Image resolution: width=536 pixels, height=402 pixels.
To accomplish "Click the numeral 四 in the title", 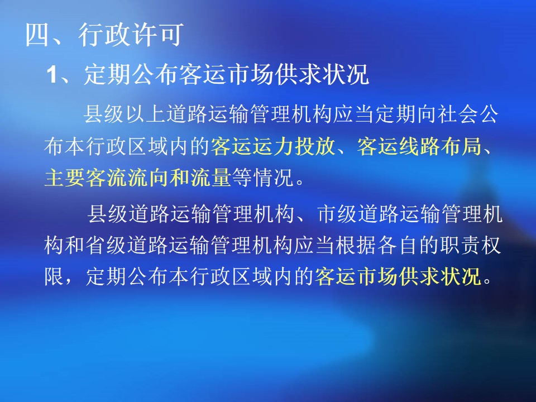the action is (37, 35).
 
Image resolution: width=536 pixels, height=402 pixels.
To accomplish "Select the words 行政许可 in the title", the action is (131, 35).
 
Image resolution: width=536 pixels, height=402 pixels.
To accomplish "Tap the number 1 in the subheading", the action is (52, 74).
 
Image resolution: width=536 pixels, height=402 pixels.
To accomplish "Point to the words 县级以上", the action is (125, 114).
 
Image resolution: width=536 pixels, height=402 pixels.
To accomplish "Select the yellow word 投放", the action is (315, 146).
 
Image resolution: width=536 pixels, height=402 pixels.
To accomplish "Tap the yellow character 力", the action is (284, 146).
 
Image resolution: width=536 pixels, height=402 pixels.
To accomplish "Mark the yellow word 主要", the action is (65, 178).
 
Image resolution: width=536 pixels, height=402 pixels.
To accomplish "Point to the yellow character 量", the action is (221, 178).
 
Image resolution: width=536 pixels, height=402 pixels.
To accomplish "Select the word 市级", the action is (337, 214).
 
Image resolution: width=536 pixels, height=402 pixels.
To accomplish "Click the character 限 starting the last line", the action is (54, 276).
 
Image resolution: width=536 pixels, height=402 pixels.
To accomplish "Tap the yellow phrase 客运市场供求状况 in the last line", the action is (398, 276).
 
